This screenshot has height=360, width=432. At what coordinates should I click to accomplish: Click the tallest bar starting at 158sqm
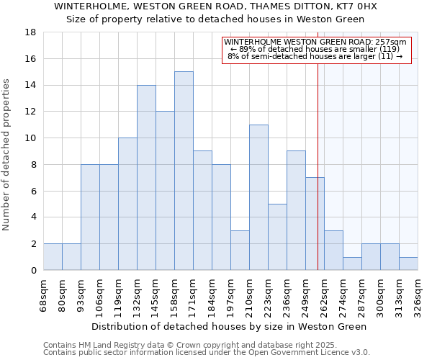[184, 171]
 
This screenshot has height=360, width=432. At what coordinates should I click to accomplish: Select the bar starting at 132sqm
[146, 177]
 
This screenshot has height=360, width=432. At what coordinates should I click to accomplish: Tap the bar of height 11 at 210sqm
[258, 197]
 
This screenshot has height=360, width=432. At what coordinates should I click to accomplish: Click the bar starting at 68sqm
[53, 256]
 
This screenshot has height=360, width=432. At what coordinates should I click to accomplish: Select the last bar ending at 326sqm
[408, 263]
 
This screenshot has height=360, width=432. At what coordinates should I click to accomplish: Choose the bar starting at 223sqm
[277, 237]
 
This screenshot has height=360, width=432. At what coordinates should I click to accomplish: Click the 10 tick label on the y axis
[30, 138]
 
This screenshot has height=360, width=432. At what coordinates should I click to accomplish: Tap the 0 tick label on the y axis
[33, 270]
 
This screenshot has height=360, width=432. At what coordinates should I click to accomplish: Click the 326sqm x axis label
[418, 295]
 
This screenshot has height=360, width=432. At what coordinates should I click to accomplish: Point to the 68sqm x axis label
[43, 295]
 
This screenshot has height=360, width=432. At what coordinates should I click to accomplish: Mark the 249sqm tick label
[305, 295]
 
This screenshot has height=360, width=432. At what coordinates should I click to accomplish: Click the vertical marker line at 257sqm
[318, 180]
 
